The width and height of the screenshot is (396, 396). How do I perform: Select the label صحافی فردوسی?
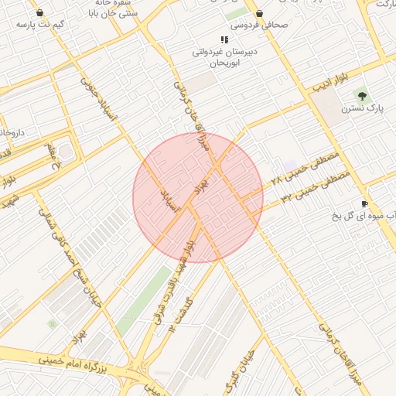point(259,26)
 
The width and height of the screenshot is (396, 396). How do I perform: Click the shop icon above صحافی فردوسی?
point(259,13)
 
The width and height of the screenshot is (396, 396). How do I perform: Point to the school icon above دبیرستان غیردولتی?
point(224,39)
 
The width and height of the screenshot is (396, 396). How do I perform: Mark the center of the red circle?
point(198,198)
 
